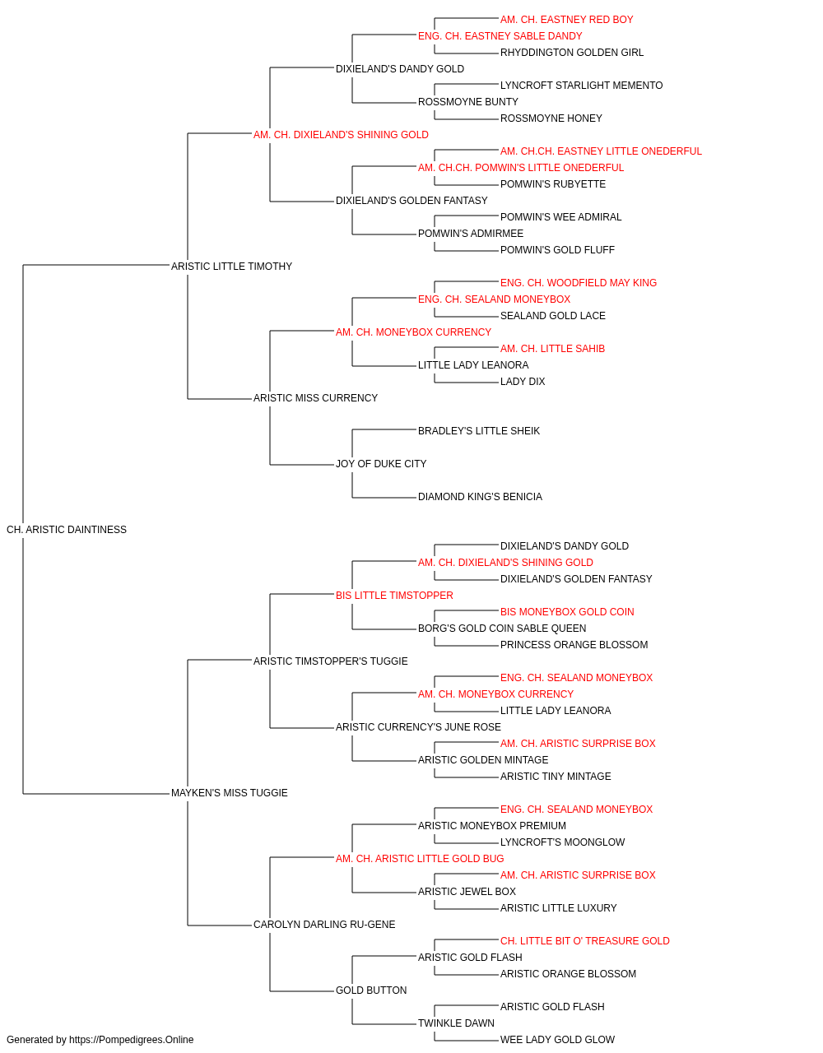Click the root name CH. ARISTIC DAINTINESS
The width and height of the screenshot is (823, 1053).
pyautogui.click(x=67, y=530)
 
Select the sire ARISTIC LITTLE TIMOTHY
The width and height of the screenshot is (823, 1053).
pyautogui.click(x=232, y=267)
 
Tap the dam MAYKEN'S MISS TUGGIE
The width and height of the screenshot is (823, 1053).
pyautogui.click(x=230, y=793)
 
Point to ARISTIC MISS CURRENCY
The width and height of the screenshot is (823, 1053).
pyautogui.click(x=315, y=398)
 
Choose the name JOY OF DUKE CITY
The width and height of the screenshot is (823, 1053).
pyautogui.click(x=381, y=464)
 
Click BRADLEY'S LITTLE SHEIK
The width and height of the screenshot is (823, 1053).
pyautogui.click(x=479, y=431)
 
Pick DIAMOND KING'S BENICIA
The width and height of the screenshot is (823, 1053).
pyautogui.click(x=481, y=497)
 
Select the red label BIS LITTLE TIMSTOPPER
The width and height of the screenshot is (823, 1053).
pyautogui.click(x=394, y=596)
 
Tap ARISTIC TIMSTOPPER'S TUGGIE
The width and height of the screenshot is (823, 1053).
pyautogui.click(x=331, y=661)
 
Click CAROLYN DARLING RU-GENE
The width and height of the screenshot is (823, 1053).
pyautogui.click(x=324, y=925)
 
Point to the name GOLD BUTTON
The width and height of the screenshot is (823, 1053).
pyautogui.click(x=371, y=990)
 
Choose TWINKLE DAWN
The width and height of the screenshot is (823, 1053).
pyautogui.click(x=456, y=1023)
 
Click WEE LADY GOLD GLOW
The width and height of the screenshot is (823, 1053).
pyautogui.click(x=557, y=1040)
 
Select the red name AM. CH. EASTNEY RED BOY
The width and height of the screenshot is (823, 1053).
pyautogui.click(x=566, y=20)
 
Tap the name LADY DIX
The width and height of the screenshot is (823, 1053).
pyautogui.click(x=523, y=382)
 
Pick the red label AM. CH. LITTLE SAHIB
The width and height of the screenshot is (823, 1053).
pyautogui.click(x=552, y=349)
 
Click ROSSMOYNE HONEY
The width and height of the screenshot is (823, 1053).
pyautogui.click(x=551, y=118)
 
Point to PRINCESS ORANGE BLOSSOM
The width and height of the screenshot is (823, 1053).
pyautogui.click(x=574, y=645)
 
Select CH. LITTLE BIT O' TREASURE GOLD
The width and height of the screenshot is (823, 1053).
pyautogui.click(x=585, y=941)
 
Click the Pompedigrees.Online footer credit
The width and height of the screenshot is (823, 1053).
pyautogui.click(x=100, y=1040)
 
